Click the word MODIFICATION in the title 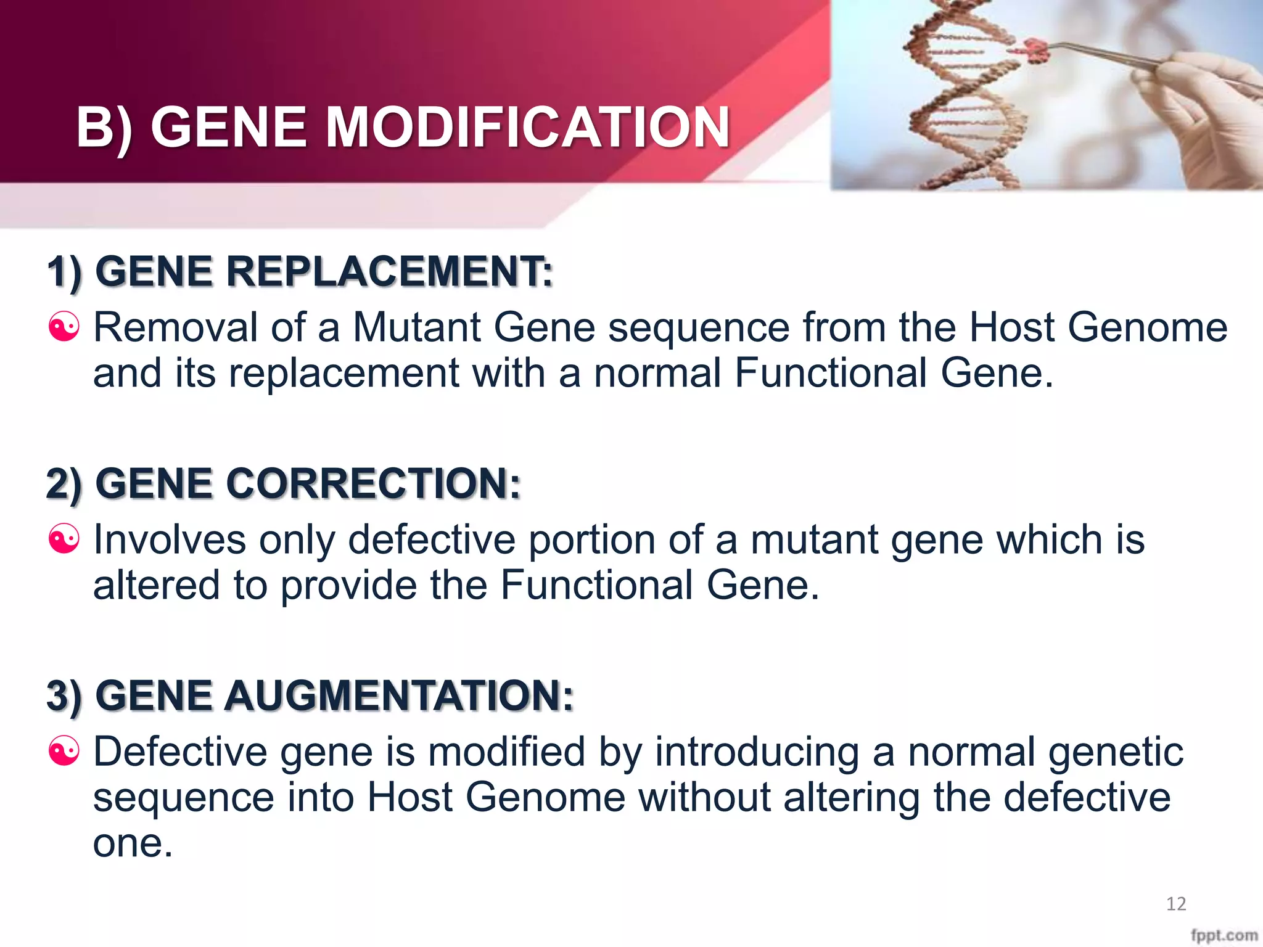click(527, 128)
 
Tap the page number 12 click(1176, 904)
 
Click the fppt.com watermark click(1224, 935)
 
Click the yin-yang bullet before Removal click(64, 327)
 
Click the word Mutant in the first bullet click(416, 327)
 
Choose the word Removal click(175, 327)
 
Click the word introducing click(757, 753)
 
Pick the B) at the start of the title click(104, 128)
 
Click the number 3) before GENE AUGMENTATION click(64, 695)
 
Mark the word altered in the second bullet click(156, 585)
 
